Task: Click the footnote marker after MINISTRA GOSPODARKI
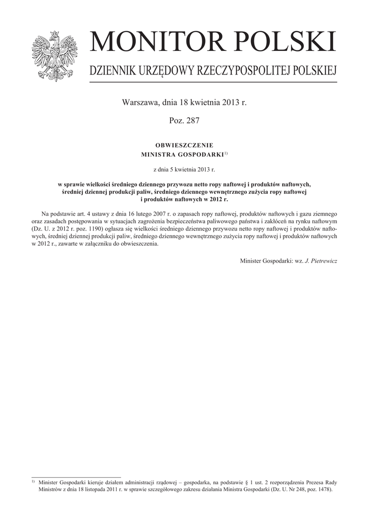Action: [226, 152]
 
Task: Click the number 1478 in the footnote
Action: [322, 489]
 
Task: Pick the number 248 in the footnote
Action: [297, 489]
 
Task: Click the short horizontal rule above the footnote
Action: [76, 476]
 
